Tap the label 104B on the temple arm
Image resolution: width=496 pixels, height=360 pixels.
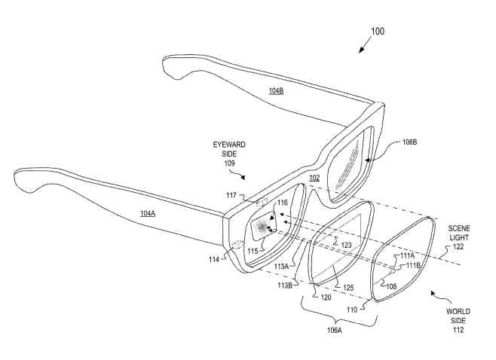tap(277, 91)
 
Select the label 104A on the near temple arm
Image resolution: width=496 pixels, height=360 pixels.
tap(148, 214)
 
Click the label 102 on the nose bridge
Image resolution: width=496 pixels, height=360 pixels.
tap(314, 178)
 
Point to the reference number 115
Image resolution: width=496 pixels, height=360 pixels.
tap(253, 250)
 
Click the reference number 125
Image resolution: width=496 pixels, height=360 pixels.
tap(348, 287)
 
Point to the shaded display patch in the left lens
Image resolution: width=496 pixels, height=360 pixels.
tap(264, 226)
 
